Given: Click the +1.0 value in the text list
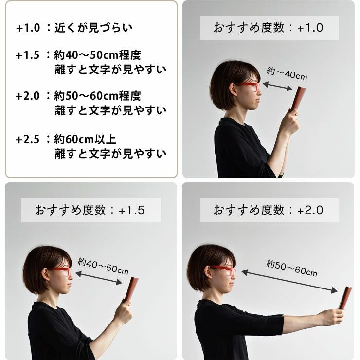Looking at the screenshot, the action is [x=28, y=28].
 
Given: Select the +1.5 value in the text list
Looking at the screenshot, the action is [x=28, y=55].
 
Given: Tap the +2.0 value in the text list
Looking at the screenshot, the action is [x=28, y=96].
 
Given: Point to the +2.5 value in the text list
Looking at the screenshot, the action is [x=28, y=139].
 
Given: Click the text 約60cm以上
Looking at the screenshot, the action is [x=85, y=139].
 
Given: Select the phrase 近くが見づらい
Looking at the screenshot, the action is [x=93, y=28].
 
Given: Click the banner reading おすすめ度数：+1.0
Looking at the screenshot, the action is [x=269, y=28].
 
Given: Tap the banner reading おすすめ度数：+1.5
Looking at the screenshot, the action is [x=91, y=210].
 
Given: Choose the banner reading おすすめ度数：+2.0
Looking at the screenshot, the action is [x=269, y=210].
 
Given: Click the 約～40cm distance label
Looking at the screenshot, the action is [x=287, y=73].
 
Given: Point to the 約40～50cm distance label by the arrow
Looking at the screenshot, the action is [x=103, y=266].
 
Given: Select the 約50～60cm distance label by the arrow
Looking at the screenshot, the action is [x=291, y=269].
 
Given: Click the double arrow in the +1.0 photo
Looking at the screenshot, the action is [x=277, y=86].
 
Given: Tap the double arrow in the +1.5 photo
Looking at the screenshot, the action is [x=99, y=278].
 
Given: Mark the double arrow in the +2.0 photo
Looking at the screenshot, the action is [x=289, y=282].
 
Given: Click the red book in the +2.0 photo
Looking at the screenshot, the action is [x=345, y=298].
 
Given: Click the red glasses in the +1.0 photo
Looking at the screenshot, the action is [x=249, y=86].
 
